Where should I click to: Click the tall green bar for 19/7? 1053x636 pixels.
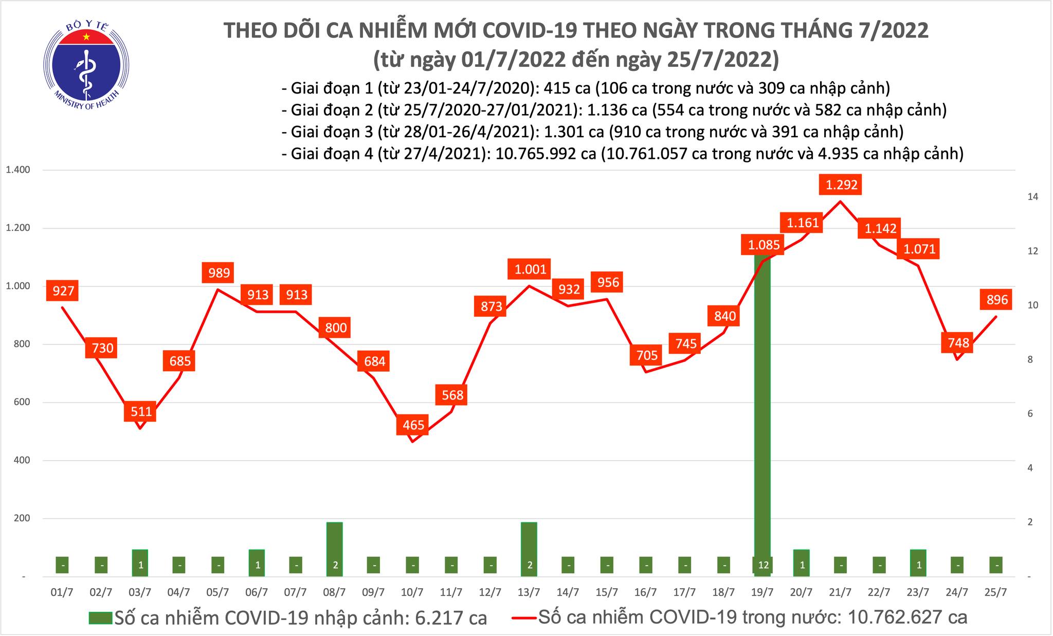pyautogui.click(x=762, y=411)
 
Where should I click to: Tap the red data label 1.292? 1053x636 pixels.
pyautogui.click(x=841, y=184)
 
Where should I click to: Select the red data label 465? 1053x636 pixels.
pyautogui.click(x=413, y=425)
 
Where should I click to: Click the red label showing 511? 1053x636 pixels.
pyautogui.click(x=141, y=411)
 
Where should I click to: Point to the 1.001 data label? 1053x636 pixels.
pyautogui.click(x=530, y=269)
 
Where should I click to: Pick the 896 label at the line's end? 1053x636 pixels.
pyautogui.click(x=996, y=299)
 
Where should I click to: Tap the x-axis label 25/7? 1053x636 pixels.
pyautogui.click(x=995, y=592)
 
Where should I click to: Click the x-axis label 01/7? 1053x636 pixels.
pyautogui.click(x=62, y=592)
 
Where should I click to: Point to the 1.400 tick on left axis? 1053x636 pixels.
pyautogui.click(x=17, y=170)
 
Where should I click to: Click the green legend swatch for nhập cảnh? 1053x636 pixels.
pyautogui.click(x=100, y=617)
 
